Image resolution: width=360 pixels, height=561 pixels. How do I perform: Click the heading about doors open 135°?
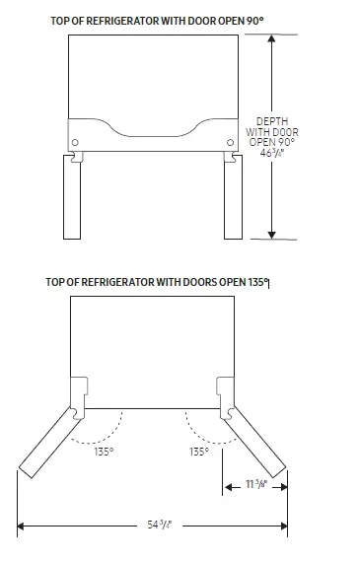(x=158, y=282)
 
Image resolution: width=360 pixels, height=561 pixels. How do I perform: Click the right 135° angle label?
(x=199, y=452)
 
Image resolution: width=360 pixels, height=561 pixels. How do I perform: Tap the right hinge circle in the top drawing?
(x=231, y=142)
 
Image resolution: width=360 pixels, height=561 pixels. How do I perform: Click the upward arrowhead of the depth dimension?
(x=271, y=38)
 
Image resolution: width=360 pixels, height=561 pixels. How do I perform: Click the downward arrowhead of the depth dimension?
(x=271, y=236)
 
